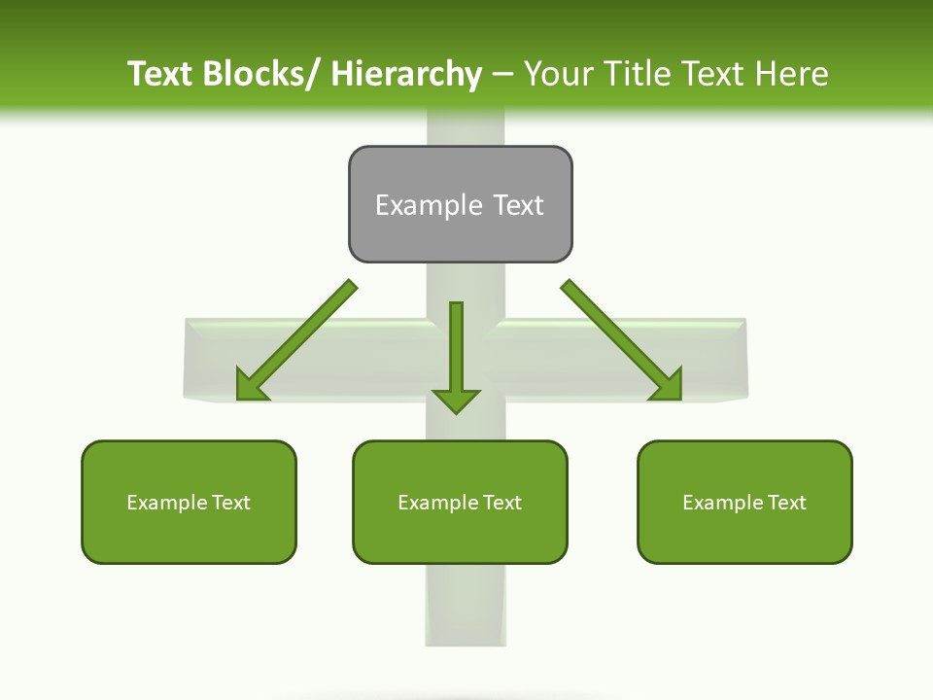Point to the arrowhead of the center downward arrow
point(456,401)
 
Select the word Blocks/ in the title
point(258,74)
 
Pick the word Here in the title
point(793,74)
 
